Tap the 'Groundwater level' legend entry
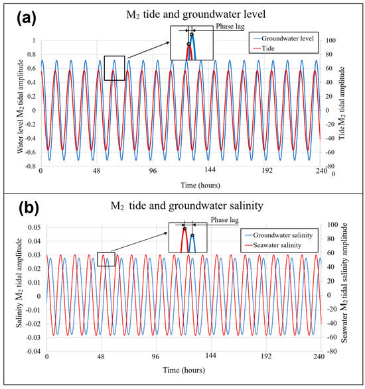click(x=281, y=38)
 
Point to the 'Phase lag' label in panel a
click(x=229, y=28)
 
